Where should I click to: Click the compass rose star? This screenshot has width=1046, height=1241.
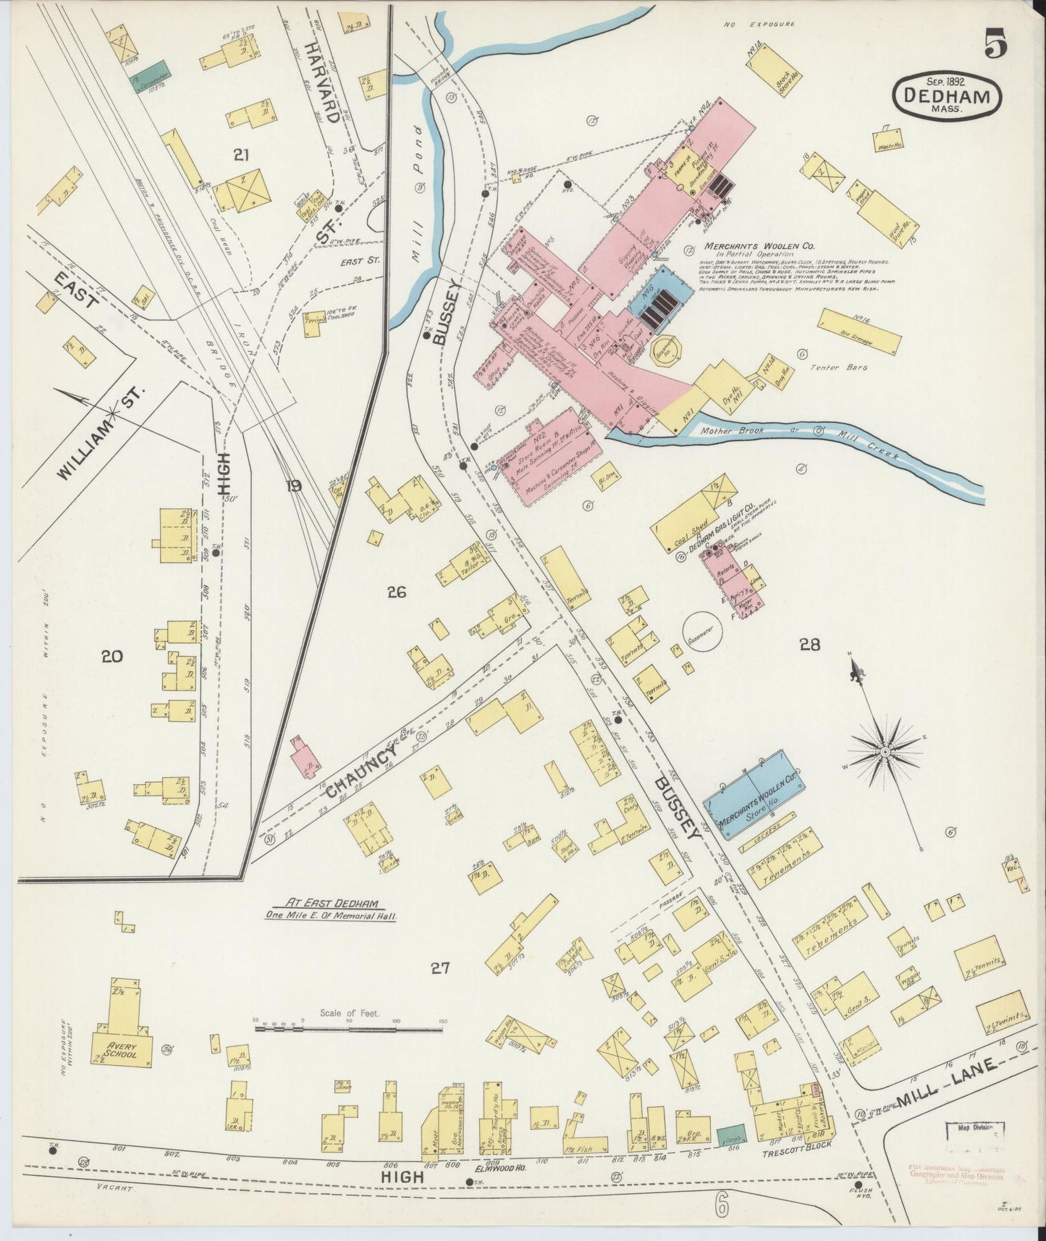tap(885, 752)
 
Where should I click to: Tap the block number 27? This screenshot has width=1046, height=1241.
tap(441, 968)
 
